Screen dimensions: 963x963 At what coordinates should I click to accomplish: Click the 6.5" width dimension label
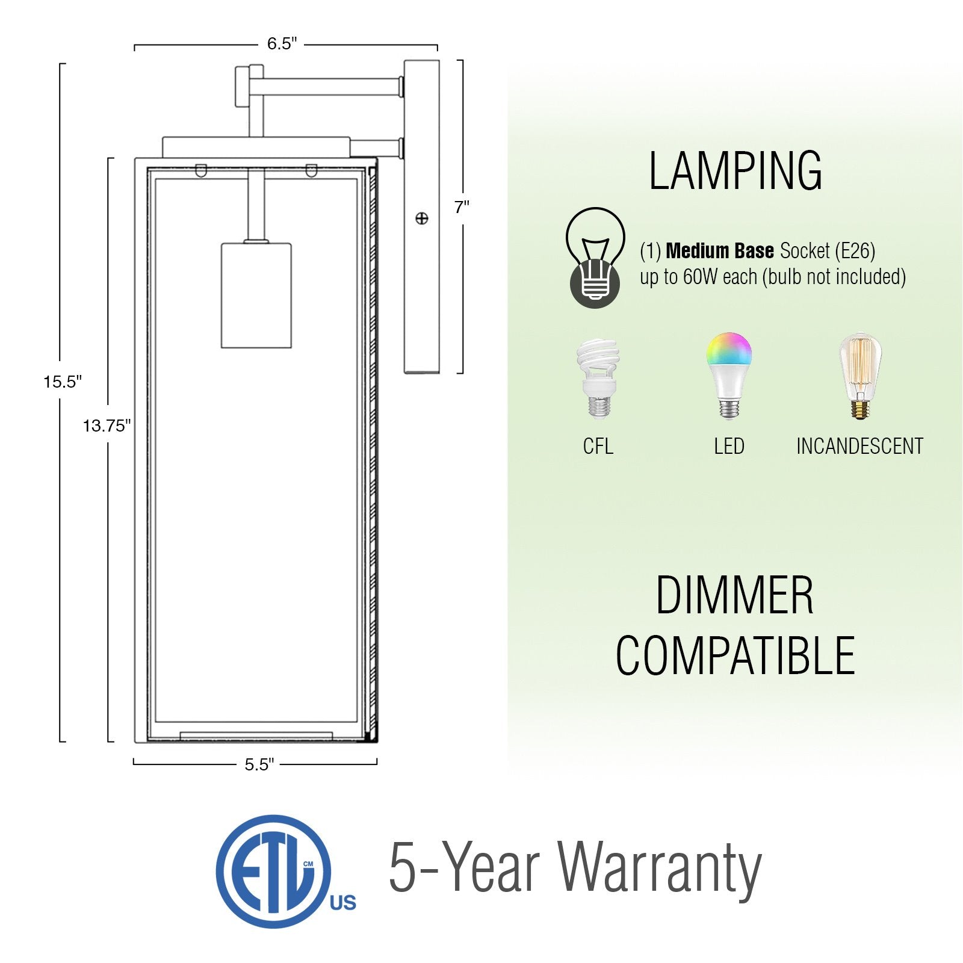(x=282, y=44)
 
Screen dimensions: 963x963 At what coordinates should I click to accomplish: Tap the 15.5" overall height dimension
(x=63, y=382)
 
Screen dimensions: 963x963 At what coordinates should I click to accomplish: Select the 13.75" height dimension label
(x=107, y=426)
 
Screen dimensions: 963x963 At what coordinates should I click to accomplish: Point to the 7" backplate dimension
(x=462, y=207)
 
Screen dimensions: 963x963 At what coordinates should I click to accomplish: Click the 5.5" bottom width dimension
(x=259, y=764)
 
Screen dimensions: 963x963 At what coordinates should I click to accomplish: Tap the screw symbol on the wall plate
(x=422, y=218)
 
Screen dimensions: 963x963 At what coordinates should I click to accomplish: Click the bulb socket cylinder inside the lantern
(x=256, y=295)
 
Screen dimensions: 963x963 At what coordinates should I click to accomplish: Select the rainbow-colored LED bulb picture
(x=729, y=374)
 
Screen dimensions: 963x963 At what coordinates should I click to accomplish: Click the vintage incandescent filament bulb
(x=861, y=376)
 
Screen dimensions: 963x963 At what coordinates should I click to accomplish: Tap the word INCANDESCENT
(x=860, y=446)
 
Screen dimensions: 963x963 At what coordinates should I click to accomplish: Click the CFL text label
(x=598, y=446)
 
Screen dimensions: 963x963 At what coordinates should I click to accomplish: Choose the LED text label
(x=729, y=446)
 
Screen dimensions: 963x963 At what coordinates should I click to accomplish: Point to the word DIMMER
(x=735, y=595)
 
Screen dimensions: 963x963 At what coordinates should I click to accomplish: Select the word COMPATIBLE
(x=735, y=655)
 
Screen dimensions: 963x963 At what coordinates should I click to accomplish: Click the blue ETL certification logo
(x=285, y=871)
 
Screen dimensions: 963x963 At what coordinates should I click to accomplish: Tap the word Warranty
(x=660, y=869)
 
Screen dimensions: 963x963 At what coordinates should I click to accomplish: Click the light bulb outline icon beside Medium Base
(x=595, y=258)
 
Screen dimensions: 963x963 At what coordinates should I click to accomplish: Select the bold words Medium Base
(x=720, y=250)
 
